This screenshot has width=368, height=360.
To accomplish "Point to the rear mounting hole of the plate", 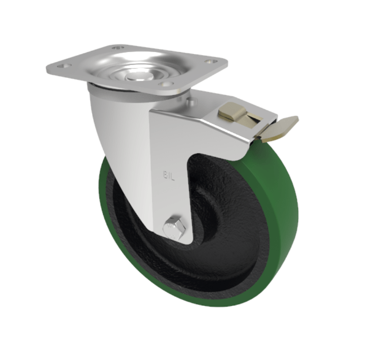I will [118, 47].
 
